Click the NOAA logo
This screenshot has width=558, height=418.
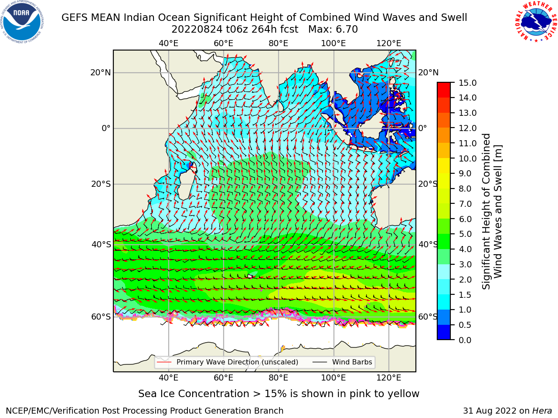pos(22,22)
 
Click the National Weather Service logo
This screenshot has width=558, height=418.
pos(536,22)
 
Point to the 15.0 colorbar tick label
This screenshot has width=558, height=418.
pos(467,83)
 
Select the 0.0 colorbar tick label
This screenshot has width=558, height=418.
pos(465,340)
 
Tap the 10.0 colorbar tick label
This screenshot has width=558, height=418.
pos(467,158)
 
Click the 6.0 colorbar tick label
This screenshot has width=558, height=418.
pos(465,219)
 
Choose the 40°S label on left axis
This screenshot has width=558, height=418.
pos(101,244)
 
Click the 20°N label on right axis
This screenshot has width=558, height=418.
pos(429,73)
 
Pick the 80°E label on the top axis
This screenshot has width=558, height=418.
pos(279,44)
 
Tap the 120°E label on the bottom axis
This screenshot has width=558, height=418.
pos(389,378)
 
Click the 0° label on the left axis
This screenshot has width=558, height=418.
pos(106,128)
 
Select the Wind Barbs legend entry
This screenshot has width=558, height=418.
pos(342,362)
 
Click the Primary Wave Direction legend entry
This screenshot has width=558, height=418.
pos(228,362)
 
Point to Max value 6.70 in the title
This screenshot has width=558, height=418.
pos(333,30)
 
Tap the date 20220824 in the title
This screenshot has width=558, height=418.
pos(197,30)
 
